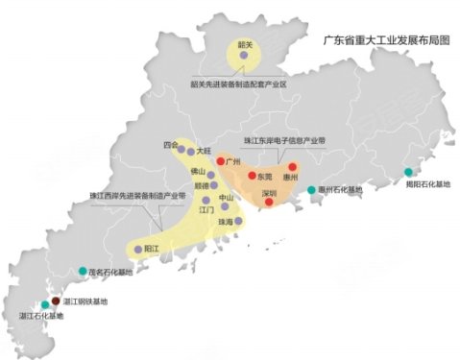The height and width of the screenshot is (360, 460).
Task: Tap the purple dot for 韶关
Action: coord(244,58)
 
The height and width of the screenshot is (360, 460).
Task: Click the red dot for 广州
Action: coord(220,161)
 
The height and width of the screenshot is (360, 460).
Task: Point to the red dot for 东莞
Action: coord(252,177)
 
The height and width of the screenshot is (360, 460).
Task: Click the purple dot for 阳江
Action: coord(138,250)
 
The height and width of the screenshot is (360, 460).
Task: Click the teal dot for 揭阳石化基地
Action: coord(408,173)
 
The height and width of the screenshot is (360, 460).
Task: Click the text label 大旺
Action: coord(203,151)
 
